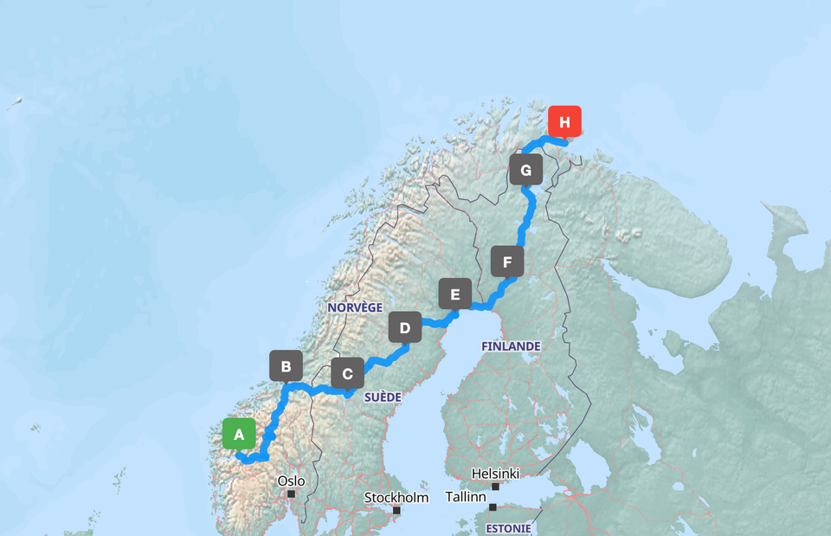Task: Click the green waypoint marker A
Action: (239, 434)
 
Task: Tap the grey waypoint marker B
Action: (286, 365)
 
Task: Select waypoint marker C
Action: (347, 374)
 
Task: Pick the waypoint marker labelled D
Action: (404, 328)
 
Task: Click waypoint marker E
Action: (454, 294)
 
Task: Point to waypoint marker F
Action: (506, 261)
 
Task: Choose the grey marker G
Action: (525, 169)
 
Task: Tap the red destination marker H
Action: (564, 122)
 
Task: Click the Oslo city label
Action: (291, 481)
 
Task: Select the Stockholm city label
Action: (396, 497)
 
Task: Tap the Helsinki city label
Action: (495, 474)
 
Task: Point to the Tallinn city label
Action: (465, 497)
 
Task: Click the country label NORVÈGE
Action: (355, 307)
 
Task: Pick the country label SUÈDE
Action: (383, 397)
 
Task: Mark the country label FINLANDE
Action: (511, 346)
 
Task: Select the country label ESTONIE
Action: (508, 527)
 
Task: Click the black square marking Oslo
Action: (292, 494)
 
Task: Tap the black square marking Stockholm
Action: (397, 510)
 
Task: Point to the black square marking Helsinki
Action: (495, 487)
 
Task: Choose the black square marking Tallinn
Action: (493, 507)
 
